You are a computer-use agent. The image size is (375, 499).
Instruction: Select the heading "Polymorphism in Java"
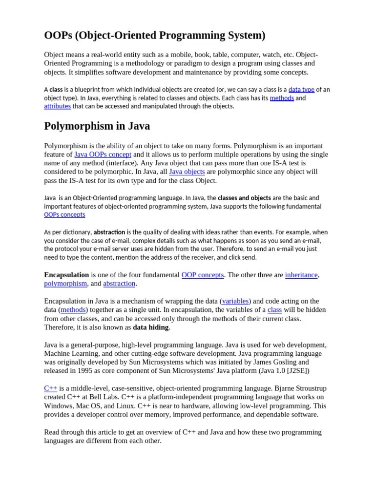97,126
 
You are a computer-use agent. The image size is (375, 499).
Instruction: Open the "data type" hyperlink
301,90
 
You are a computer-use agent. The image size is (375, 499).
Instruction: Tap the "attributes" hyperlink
57,106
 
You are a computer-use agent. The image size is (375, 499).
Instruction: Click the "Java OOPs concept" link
103,154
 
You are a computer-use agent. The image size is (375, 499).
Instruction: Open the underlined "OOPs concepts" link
64,214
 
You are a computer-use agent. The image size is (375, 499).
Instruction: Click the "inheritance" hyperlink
301,275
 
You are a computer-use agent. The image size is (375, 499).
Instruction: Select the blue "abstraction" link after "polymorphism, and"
119,284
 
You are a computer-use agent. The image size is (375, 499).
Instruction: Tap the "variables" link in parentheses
235,301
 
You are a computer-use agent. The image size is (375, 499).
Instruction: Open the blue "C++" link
51,388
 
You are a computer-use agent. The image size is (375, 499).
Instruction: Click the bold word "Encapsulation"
66,275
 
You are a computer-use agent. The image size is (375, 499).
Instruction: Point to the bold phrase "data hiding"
151,327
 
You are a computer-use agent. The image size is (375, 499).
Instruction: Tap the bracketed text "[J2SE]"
295,371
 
